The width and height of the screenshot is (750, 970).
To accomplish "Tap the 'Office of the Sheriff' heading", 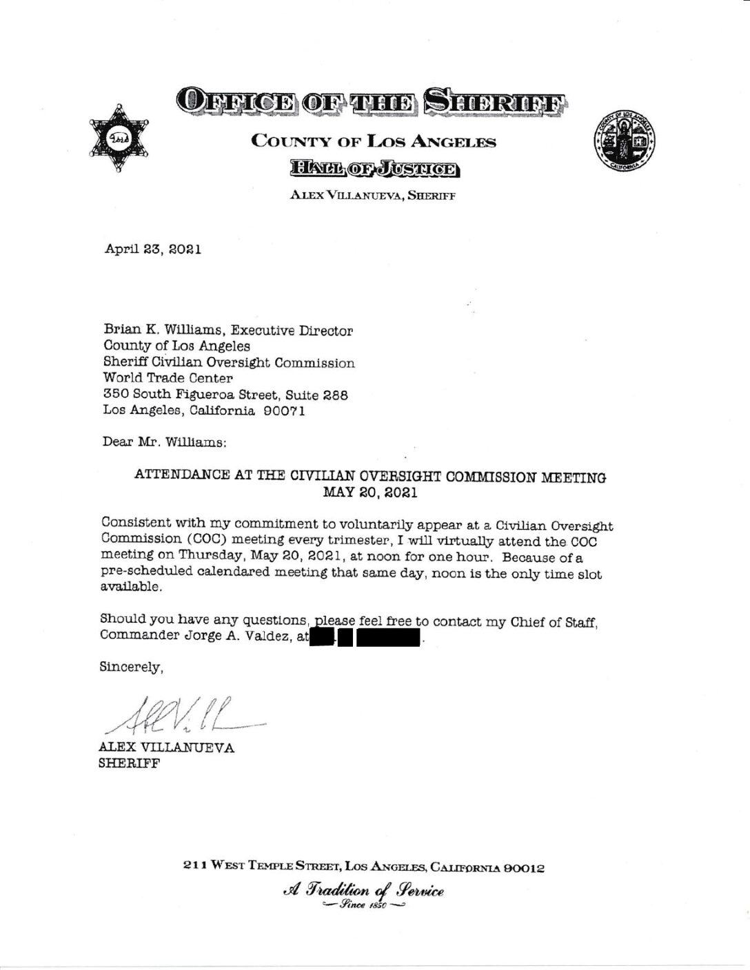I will click(372, 101).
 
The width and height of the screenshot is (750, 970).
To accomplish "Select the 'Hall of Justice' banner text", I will click(373, 168).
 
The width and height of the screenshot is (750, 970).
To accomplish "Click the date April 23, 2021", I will click(152, 249).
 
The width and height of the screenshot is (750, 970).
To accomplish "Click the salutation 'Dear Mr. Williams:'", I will click(164, 442).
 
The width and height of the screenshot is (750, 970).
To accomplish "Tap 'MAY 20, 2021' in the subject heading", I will click(370, 493).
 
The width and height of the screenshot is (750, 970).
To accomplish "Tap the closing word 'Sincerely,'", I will click(131, 667).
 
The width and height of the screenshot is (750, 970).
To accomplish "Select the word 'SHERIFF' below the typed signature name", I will click(130, 763).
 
